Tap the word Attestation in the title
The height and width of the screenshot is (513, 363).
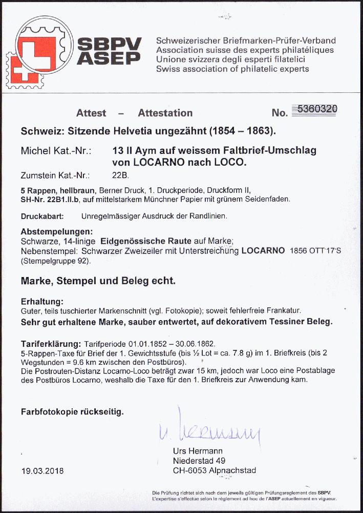click(165, 113)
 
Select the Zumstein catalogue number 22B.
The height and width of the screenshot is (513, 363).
click(120, 174)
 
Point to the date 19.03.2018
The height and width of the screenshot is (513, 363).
click(42, 471)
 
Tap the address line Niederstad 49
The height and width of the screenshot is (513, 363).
click(199, 461)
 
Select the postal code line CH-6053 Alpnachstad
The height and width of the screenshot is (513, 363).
click(214, 470)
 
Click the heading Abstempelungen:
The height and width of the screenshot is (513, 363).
click(57, 231)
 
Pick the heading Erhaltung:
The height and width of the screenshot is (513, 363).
click(42, 301)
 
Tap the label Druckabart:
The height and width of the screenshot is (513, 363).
click(42, 216)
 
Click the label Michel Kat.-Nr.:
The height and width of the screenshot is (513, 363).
click(56, 151)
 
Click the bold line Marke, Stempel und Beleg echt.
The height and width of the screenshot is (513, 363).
click(98, 281)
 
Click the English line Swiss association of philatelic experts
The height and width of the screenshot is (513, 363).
click(232, 69)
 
